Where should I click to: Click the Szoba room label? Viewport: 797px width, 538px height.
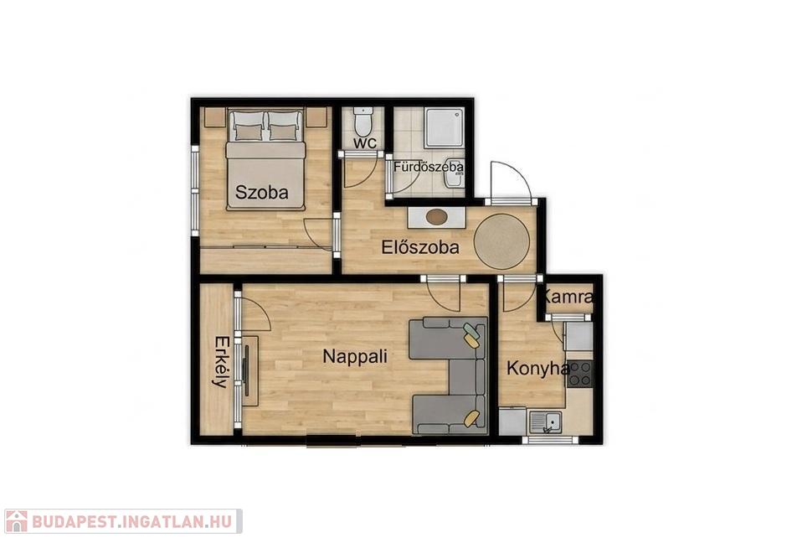[262, 193]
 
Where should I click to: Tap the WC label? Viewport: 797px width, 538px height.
[366, 143]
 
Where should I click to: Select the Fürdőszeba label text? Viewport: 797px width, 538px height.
[429, 167]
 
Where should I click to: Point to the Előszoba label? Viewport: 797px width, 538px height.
[420, 247]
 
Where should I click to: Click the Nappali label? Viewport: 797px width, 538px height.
[355, 356]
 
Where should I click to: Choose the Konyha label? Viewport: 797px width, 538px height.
[537, 368]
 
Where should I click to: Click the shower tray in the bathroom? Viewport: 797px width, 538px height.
[445, 127]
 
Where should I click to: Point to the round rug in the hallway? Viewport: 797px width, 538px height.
[501, 242]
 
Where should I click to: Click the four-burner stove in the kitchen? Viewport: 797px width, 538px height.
[580, 373]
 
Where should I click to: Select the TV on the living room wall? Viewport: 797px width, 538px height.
[247, 370]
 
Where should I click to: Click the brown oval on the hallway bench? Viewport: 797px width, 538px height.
[437, 217]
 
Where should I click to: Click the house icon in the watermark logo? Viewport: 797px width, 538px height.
[16, 521]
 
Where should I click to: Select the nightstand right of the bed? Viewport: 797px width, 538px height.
[316, 117]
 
